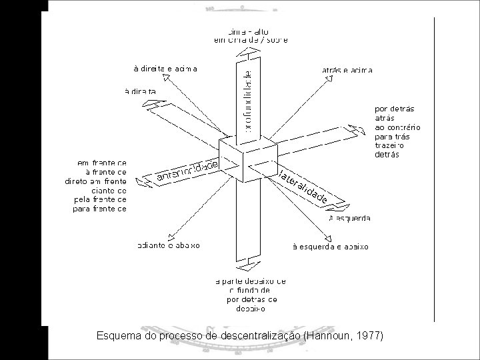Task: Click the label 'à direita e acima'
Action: (165, 68)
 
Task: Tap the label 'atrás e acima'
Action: (347, 70)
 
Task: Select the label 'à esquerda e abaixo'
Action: (331, 247)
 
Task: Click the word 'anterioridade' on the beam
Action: (187, 171)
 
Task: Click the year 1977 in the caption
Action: (369, 335)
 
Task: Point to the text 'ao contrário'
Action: (398, 127)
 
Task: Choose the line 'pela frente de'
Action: (99, 199)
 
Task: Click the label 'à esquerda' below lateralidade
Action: (350, 218)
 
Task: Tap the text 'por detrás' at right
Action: (395, 108)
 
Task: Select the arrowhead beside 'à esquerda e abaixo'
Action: (328, 237)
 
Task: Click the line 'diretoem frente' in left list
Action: (95, 181)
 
